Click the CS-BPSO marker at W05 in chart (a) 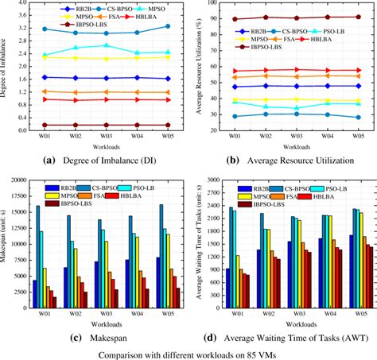click(x=165, y=26)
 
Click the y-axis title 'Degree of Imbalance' click(x=6, y=68)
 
